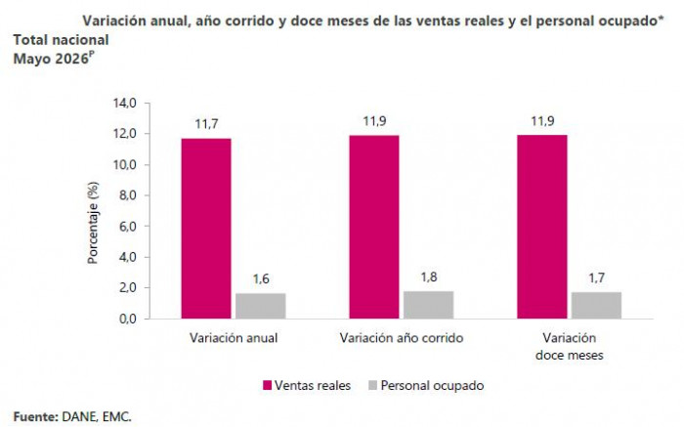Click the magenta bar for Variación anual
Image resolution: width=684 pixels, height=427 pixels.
click(206, 229)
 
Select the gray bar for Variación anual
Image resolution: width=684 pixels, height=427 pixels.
click(261, 306)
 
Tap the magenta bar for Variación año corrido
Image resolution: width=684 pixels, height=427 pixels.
click(374, 228)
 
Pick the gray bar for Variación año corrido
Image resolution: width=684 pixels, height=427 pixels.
click(428, 305)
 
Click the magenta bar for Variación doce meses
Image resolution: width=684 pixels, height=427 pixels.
click(542, 227)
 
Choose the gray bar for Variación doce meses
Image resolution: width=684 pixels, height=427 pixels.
click(596, 305)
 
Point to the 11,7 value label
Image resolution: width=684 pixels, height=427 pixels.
click(206, 124)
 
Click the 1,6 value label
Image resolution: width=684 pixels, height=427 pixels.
click(261, 279)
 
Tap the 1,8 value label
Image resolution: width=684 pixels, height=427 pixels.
click(429, 277)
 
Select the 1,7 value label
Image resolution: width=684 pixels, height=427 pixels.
click(596, 278)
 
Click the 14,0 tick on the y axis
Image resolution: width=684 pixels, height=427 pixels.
click(125, 103)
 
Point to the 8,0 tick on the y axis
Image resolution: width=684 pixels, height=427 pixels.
click(127, 195)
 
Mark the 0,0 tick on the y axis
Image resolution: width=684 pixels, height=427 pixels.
click(127, 319)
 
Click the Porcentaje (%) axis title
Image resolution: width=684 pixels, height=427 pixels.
click(93, 223)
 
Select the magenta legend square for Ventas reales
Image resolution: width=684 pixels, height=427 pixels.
click(268, 385)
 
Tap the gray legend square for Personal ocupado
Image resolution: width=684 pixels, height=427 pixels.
click(372, 385)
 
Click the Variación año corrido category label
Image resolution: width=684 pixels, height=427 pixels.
click(402, 338)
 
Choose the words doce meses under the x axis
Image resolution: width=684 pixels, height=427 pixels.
click(570, 356)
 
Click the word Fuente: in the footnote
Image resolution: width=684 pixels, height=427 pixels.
click(36, 417)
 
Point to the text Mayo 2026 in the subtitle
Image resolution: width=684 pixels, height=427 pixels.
click(51, 59)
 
